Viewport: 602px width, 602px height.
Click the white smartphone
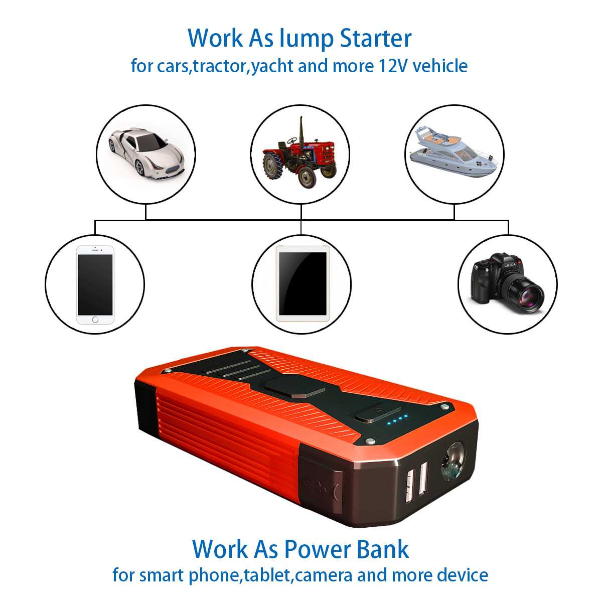click(95, 284)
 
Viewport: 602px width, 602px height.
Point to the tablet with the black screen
click(303, 284)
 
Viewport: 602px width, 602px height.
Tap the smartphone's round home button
click(95, 320)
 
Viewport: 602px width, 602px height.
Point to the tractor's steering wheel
click(292, 140)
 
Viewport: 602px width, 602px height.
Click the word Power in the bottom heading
click(315, 549)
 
